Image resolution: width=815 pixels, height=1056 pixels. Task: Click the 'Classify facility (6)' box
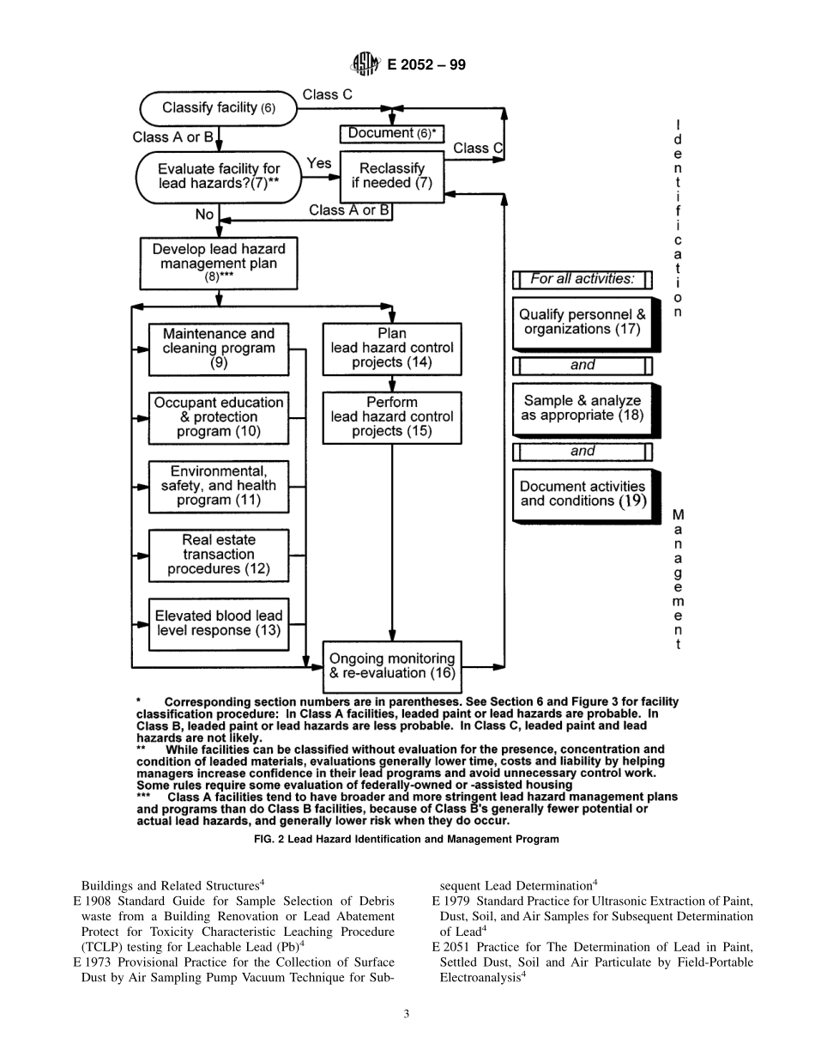(x=219, y=108)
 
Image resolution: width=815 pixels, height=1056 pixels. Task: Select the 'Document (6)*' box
(x=392, y=134)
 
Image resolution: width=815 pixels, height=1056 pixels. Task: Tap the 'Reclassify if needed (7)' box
(x=391, y=176)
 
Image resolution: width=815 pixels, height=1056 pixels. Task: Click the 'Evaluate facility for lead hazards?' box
(x=218, y=176)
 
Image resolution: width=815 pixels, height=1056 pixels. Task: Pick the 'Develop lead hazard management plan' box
(x=219, y=263)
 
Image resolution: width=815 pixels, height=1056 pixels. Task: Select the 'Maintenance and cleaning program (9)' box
(x=219, y=349)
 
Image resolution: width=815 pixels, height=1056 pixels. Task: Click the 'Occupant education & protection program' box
(x=219, y=417)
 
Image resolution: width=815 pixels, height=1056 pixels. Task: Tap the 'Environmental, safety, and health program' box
(x=219, y=486)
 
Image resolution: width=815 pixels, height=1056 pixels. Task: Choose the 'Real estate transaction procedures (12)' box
(x=219, y=555)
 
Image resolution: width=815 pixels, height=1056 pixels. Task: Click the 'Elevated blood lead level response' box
(x=219, y=623)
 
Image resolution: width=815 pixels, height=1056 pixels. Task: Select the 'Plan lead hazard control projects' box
(x=392, y=349)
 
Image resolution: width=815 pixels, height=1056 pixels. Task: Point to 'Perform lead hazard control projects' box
(x=392, y=417)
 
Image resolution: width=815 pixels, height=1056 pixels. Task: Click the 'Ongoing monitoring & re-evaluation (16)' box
(x=392, y=666)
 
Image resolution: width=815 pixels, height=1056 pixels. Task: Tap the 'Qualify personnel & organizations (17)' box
(x=583, y=323)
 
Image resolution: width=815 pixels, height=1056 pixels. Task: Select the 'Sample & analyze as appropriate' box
(x=583, y=409)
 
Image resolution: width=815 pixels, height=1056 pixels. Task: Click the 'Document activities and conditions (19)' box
(x=583, y=495)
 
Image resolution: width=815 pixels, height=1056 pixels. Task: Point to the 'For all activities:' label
(x=583, y=279)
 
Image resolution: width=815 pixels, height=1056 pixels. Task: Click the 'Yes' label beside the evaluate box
(x=319, y=163)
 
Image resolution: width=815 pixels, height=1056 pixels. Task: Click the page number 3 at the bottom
(x=407, y=1014)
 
